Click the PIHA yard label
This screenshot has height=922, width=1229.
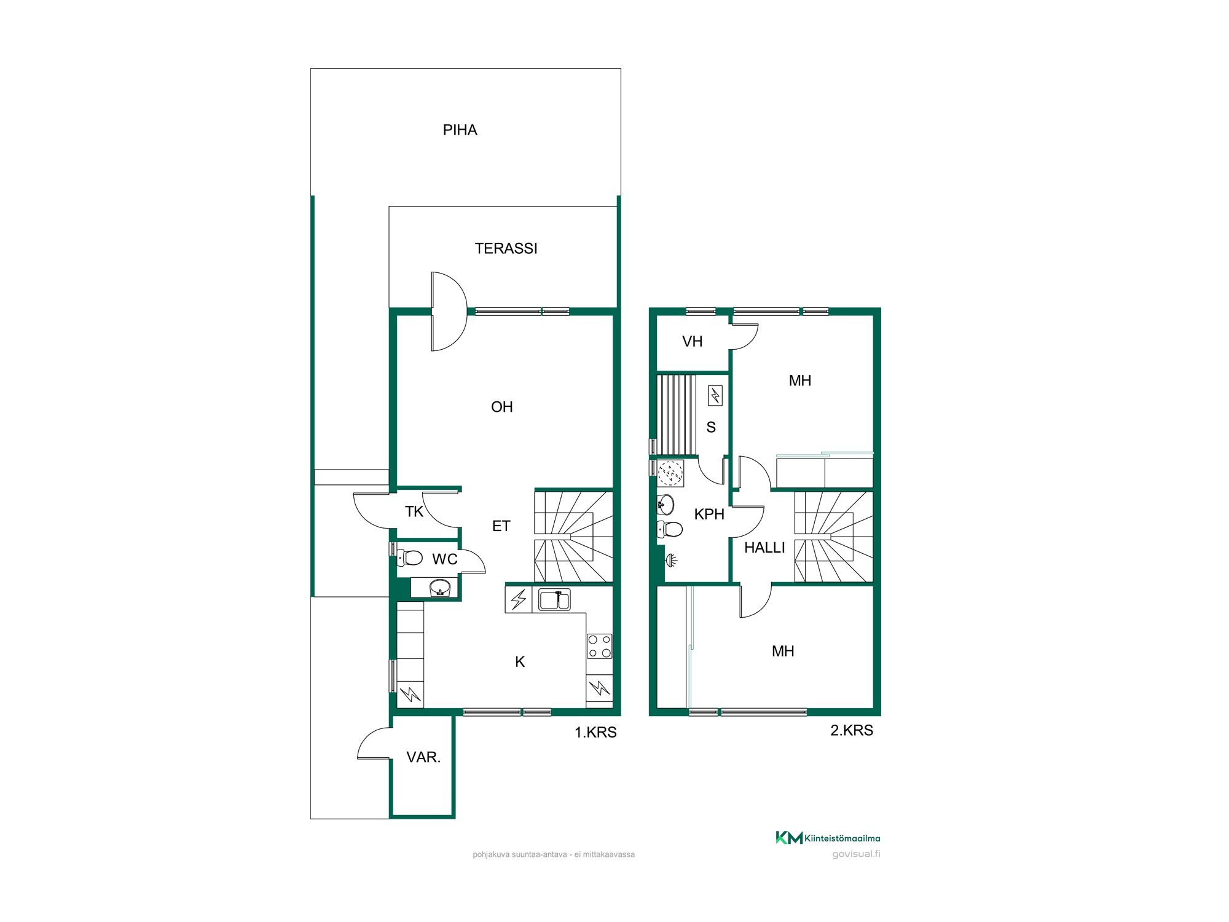click(460, 130)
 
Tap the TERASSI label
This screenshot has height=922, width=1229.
click(506, 248)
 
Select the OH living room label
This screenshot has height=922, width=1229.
click(501, 407)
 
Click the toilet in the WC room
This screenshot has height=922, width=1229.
click(410, 558)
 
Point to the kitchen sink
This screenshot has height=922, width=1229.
click(554, 599)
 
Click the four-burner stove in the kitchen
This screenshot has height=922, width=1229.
click(599, 645)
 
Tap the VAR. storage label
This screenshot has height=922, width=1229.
click(423, 757)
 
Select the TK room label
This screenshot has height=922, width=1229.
click(414, 511)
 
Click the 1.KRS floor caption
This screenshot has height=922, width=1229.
click(595, 732)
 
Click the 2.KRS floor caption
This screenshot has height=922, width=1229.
click(852, 730)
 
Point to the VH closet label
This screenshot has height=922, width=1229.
click(692, 342)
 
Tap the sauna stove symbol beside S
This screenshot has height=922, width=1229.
click(715, 395)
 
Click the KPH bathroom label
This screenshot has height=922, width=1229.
click(709, 514)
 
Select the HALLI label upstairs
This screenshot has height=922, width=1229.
click(764, 548)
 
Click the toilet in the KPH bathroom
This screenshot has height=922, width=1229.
click(669, 528)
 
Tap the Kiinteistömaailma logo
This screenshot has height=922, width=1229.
click(827, 837)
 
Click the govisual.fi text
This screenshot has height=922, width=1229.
click(856, 854)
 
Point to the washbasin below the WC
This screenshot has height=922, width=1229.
click(439, 588)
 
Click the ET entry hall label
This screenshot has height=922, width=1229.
click(501, 526)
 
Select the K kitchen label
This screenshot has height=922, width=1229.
click(520, 662)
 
